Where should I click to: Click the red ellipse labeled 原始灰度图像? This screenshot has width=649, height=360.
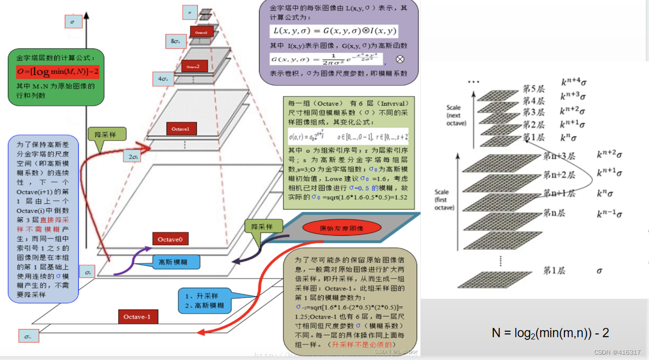pyautogui.click(x=334, y=228)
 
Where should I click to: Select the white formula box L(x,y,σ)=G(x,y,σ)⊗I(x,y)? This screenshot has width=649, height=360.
pyautogui.click(x=335, y=31)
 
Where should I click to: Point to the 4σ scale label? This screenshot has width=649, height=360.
pyautogui.click(x=162, y=79)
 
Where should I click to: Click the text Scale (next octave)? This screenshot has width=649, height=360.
pyautogui.click(x=455, y=115)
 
